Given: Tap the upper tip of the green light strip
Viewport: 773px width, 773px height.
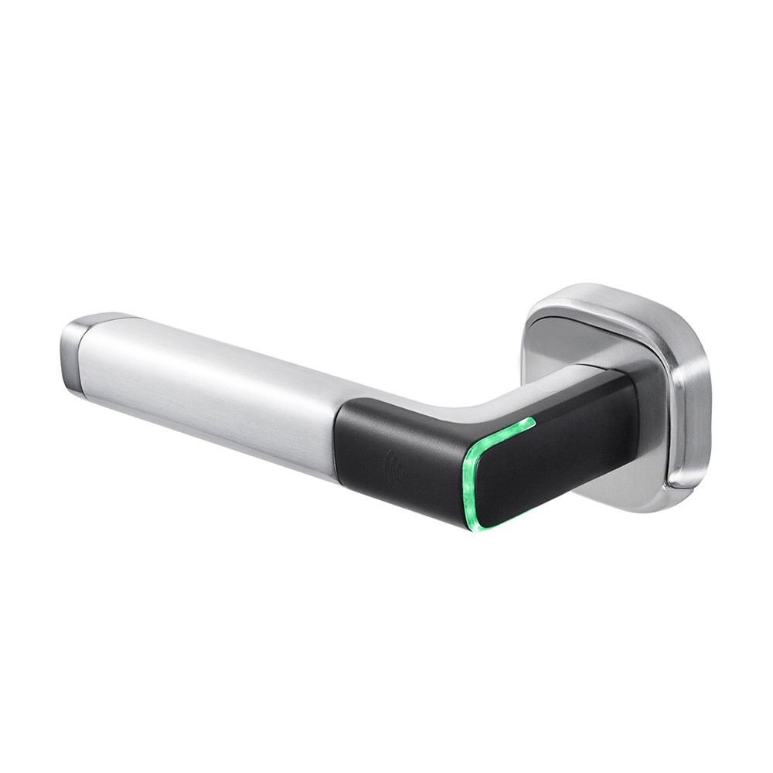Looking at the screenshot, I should pos(531,421).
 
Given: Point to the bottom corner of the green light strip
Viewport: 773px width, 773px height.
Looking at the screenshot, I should pos(472,526).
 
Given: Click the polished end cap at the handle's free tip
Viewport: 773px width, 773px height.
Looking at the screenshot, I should pos(74,356).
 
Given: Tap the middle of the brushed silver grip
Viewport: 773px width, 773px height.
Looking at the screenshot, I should pos(209,394).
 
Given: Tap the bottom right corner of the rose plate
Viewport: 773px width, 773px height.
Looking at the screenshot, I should pos(680,495).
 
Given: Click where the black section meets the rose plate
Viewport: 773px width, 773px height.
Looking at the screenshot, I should pos(638,417).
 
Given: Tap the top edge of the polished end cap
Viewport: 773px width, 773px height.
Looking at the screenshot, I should pos(104,316).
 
